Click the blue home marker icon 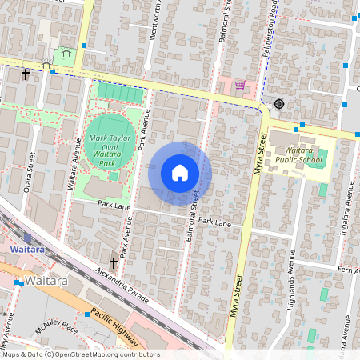coord(180,173)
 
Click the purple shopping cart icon coord(240,85)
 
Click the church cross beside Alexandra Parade coord(113,262)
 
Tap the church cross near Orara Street coord(26,74)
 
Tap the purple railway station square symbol coord(27,238)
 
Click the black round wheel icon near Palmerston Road coord(278,103)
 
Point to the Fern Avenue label coord(348,270)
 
